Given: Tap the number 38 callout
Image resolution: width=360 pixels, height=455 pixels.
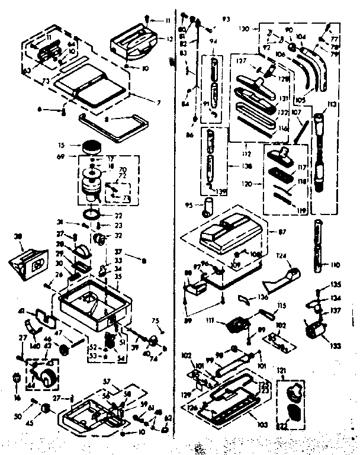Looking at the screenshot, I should click(18, 236).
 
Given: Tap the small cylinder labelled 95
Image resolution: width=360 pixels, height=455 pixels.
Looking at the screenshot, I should click(208, 206).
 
